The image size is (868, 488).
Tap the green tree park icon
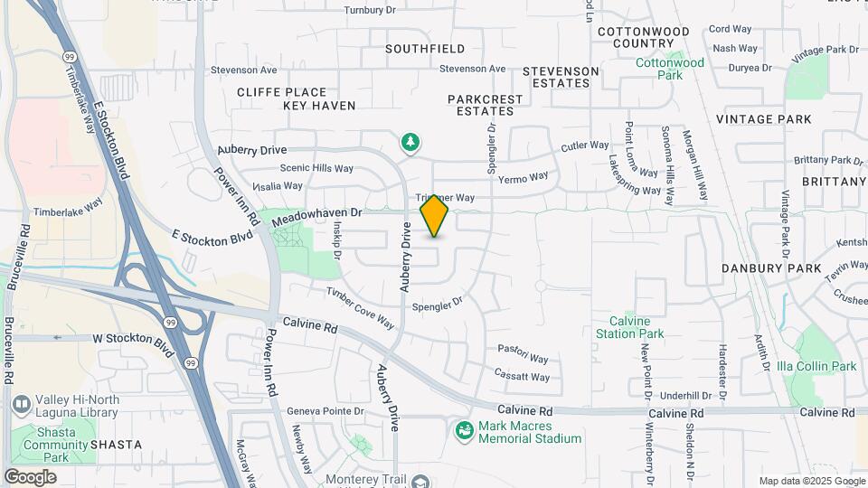click(410, 142)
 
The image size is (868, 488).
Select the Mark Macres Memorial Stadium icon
click(465, 431)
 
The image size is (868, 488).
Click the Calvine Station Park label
click(629, 327)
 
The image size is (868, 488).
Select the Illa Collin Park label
click(816, 366)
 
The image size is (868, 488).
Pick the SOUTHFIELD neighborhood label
click(425, 49)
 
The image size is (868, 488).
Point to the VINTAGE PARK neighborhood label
click(763, 119)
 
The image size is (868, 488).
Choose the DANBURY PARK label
click(771, 268)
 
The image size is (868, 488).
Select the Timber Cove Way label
click(360, 308)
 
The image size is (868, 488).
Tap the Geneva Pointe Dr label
click(325, 411)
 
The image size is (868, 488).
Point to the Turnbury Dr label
click(371, 11)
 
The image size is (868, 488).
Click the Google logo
click(30, 476)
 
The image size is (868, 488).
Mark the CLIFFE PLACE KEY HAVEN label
click(282, 99)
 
